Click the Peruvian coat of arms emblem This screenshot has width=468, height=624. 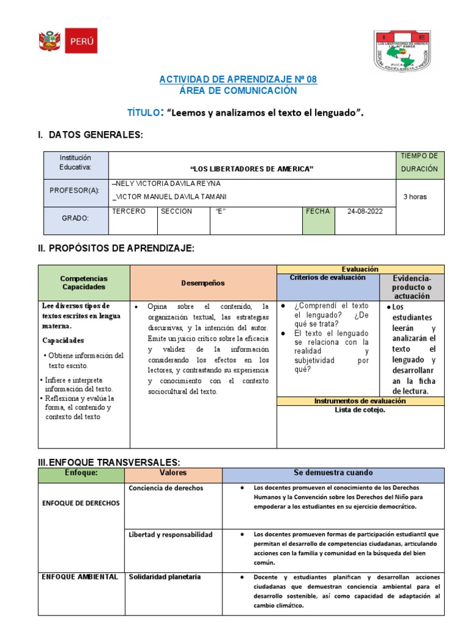click(48, 41)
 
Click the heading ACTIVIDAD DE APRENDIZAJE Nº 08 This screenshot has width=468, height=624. click(238, 80)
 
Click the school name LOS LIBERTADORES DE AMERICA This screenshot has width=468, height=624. click(252, 168)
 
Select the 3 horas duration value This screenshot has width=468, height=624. click(415, 197)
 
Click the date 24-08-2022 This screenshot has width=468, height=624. click(365, 211)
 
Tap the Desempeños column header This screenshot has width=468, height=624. click(203, 283)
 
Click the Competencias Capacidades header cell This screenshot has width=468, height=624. click(84, 282)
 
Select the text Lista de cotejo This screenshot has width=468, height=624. click(360, 409)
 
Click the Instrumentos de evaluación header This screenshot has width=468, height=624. click(360, 401)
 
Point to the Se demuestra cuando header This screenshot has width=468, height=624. click(333, 473)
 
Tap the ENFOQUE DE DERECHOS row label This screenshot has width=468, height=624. click(81, 503)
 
